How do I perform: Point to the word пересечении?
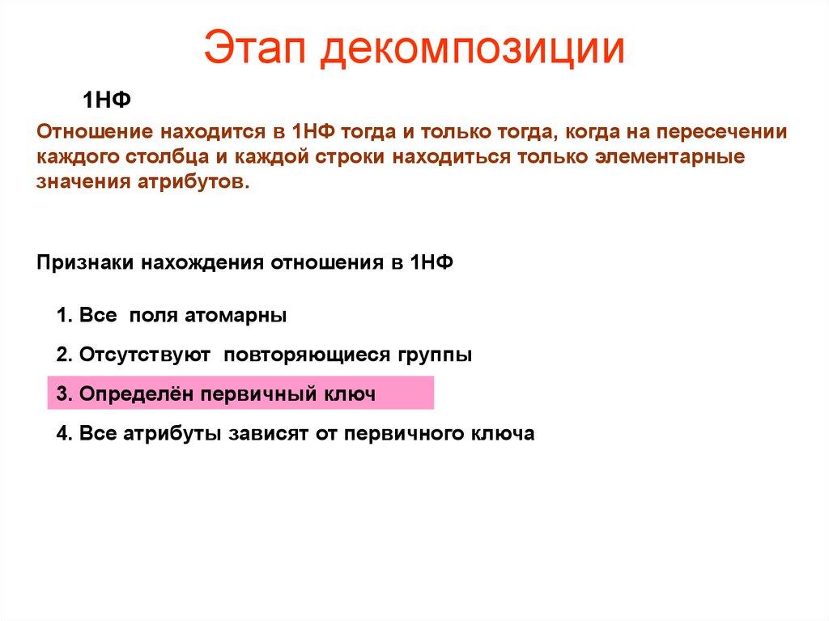pyautogui.click(x=722, y=131)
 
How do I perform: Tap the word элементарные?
pyautogui.click(x=675, y=156)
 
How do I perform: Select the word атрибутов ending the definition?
pyautogui.click(x=195, y=181)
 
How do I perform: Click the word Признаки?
pyautogui.click(x=86, y=263)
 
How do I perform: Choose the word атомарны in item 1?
pyautogui.click(x=241, y=315)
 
